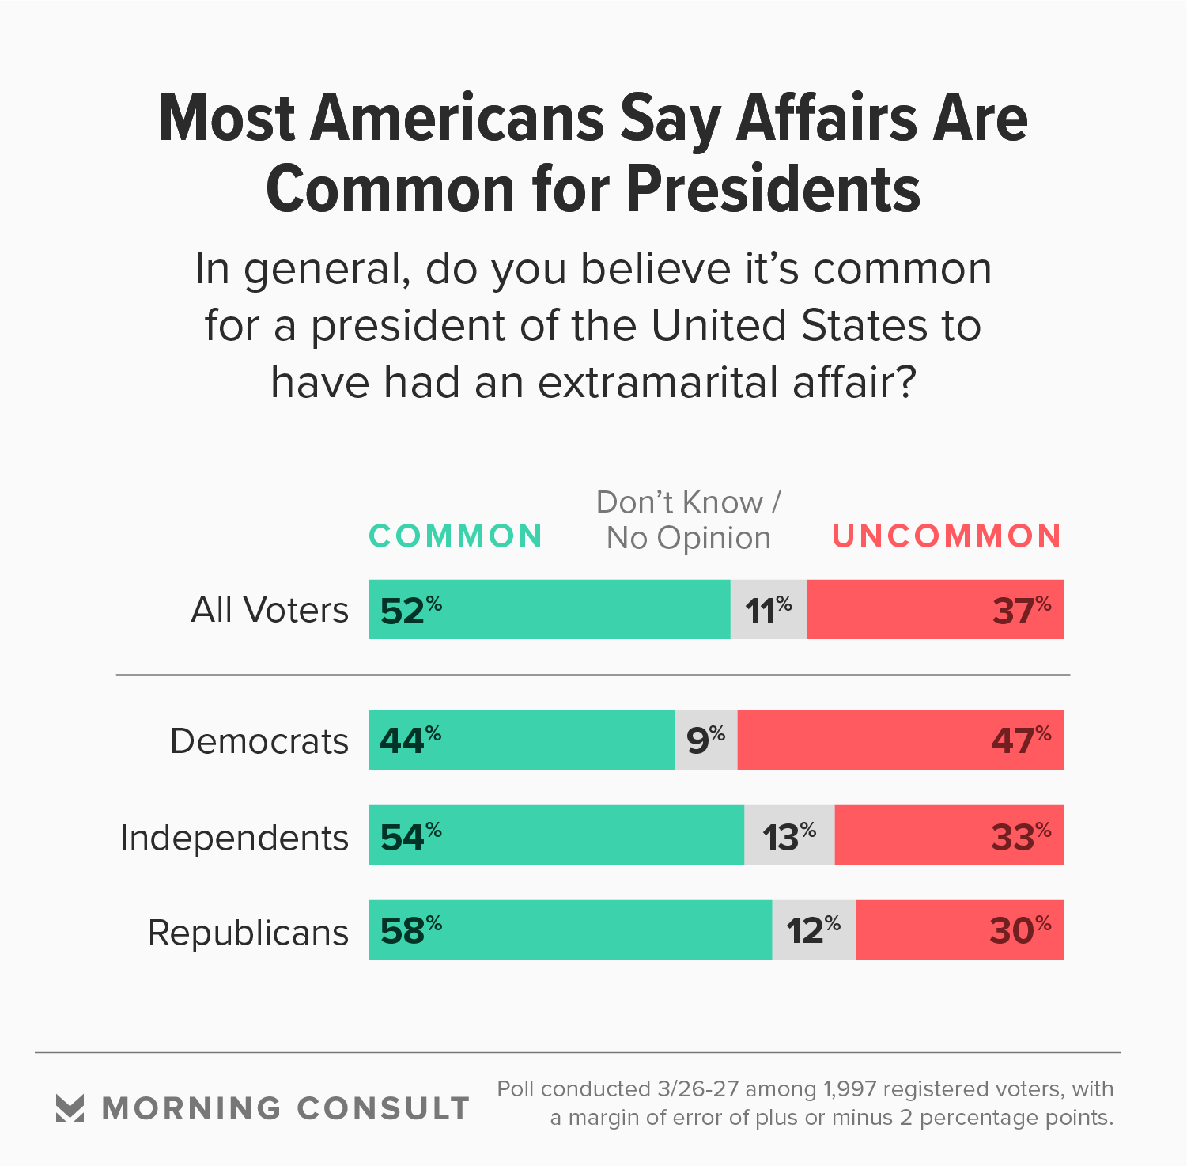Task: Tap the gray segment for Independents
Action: (789, 835)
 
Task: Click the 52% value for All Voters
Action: (410, 610)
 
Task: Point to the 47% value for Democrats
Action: (1021, 740)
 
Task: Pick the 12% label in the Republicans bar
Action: (813, 929)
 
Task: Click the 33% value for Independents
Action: (1021, 835)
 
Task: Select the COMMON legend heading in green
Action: (456, 536)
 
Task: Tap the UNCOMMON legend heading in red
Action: (947, 536)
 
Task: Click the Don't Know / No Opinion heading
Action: (688, 520)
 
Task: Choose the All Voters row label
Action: (270, 610)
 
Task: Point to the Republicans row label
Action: (248, 932)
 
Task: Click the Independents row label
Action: (234, 837)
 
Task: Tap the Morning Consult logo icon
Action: (70, 1107)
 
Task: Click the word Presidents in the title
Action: (774, 190)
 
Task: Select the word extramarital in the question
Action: (661, 382)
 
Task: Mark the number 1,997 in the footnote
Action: (849, 1089)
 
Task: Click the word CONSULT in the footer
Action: (384, 1108)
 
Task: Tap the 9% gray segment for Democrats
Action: (705, 740)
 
